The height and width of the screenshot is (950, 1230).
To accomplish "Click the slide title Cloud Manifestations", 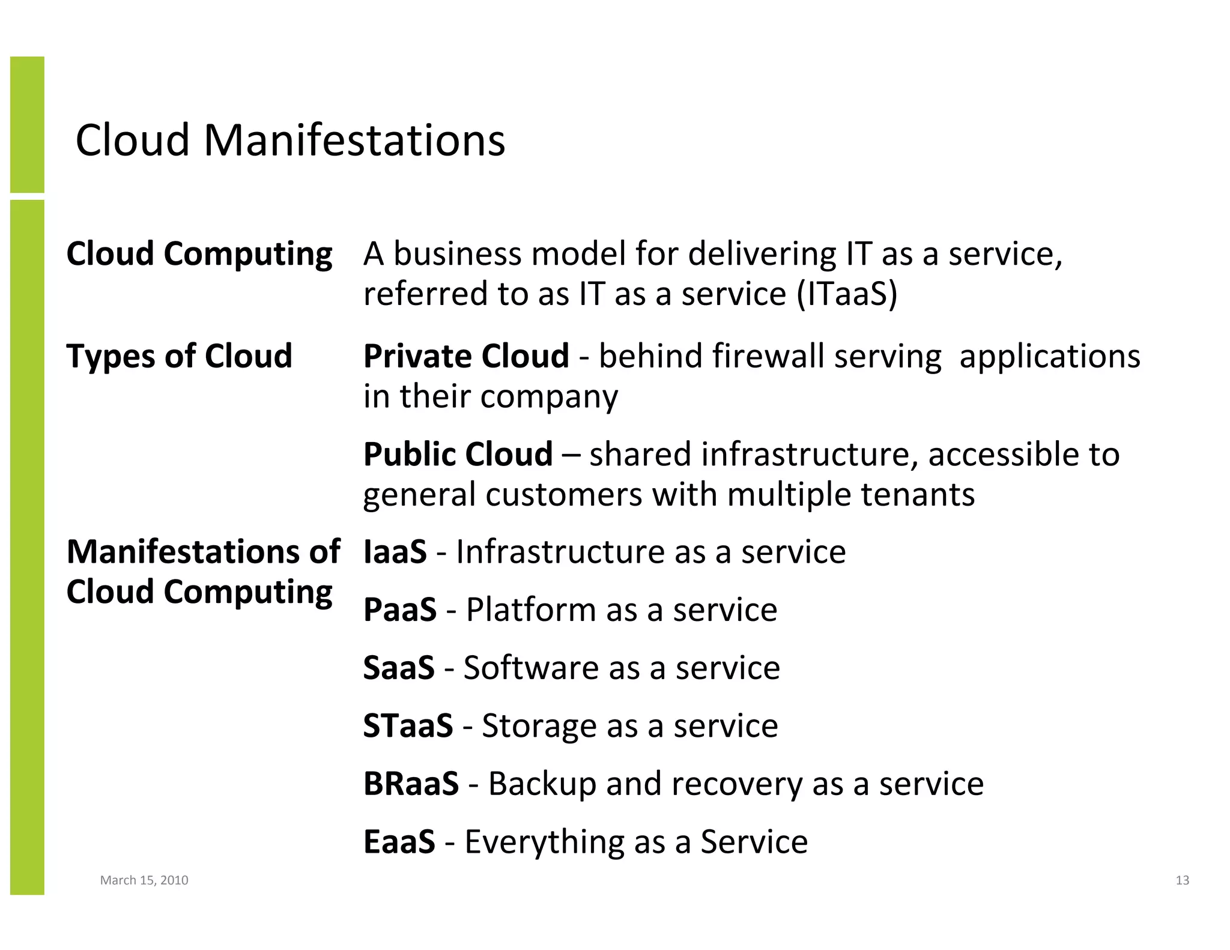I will (290, 140).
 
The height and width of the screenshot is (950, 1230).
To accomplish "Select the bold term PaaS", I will (399, 610).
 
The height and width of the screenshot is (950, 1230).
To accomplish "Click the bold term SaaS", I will (398, 667).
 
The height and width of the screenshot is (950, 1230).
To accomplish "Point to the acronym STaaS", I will (408, 725).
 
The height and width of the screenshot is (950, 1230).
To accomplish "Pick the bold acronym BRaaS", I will (411, 784).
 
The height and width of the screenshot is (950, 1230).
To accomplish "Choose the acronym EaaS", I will (399, 841).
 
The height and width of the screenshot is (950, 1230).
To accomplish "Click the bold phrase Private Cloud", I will (466, 356).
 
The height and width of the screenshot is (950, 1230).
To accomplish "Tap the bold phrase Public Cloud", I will (458, 454).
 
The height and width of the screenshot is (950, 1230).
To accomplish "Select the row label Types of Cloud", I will (179, 356).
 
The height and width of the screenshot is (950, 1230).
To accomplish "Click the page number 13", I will (1182, 880).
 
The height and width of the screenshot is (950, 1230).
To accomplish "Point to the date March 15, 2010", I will (144, 880).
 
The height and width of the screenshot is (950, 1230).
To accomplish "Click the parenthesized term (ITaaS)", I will (847, 294).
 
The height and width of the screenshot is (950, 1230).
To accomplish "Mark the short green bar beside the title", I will (27, 124).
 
